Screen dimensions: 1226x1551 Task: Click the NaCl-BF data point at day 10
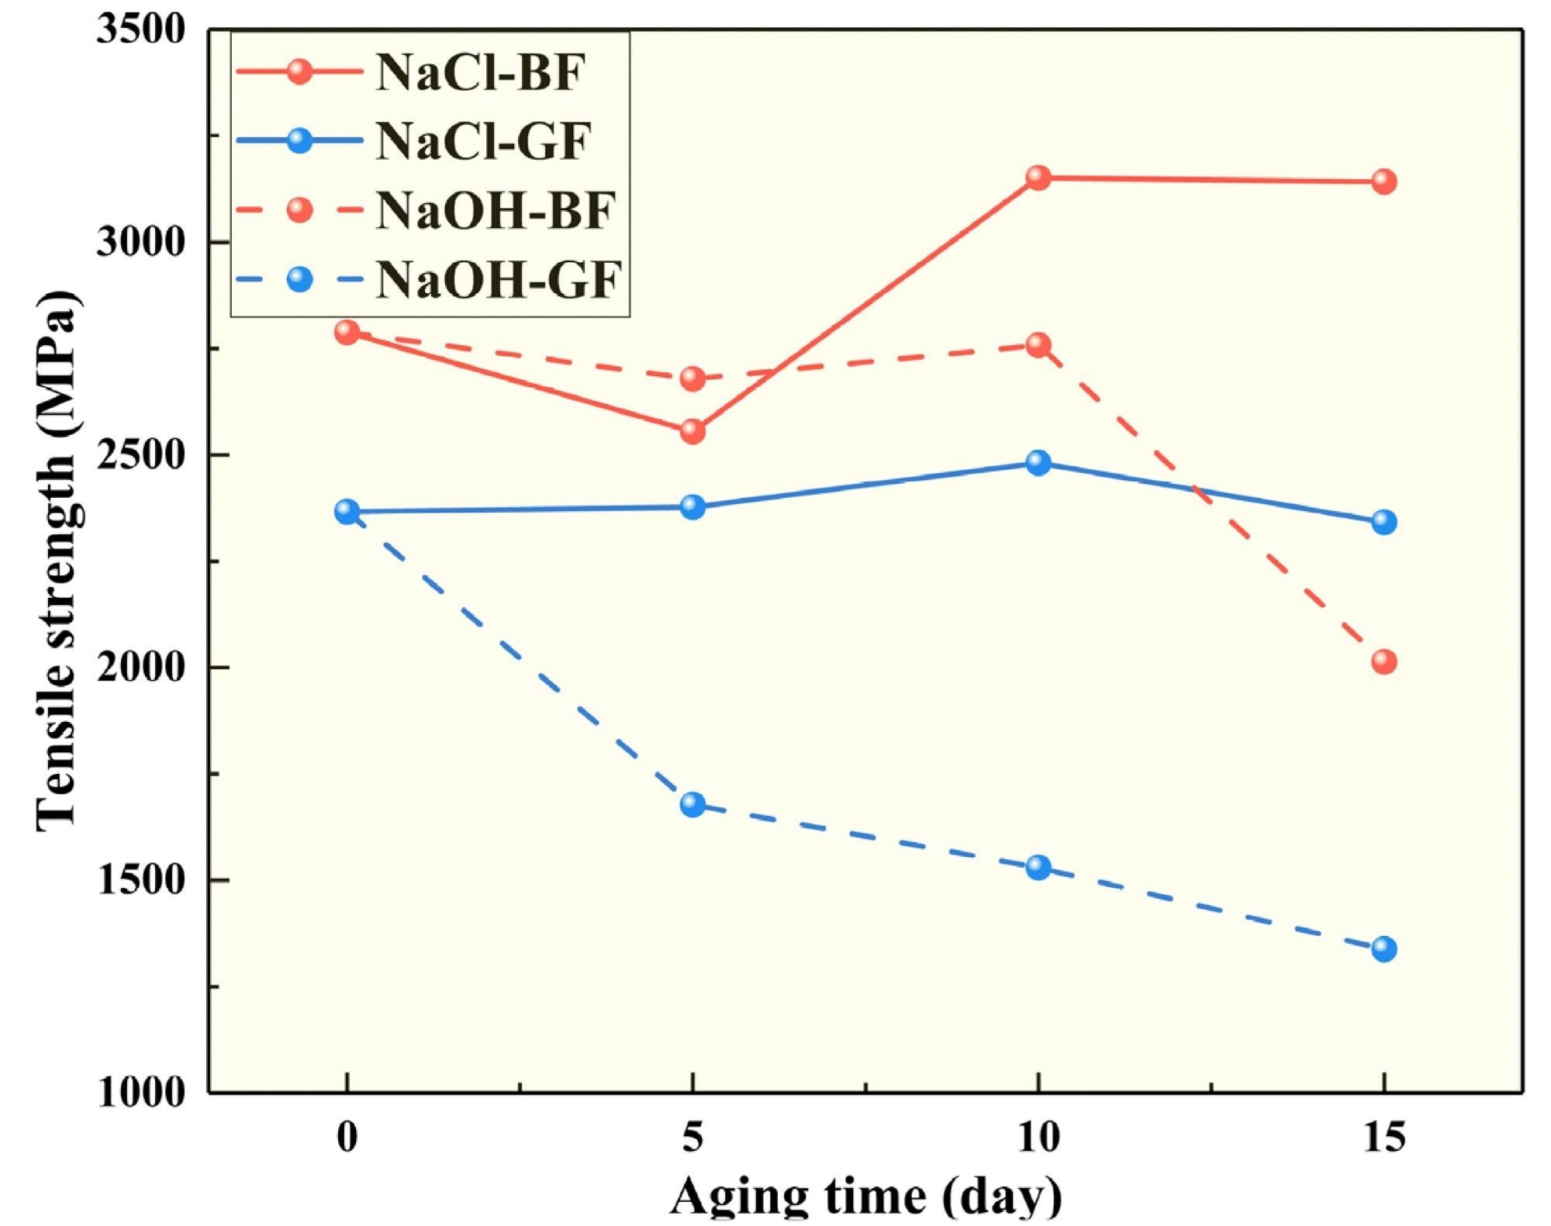tap(1038, 178)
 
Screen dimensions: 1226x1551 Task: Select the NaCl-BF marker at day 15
tap(1383, 182)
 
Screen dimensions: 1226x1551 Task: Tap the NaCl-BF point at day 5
tap(693, 431)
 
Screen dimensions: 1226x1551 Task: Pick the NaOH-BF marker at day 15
tap(1383, 661)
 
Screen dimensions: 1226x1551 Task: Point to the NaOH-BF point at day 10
tap(1038, 345)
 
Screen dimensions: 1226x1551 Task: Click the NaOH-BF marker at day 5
tap(693, 378)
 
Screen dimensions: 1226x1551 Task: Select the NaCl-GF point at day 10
tap(1038, 463)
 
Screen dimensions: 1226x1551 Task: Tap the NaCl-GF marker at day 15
tap(1383, 522)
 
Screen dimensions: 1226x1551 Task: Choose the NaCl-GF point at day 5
tap(693, 507)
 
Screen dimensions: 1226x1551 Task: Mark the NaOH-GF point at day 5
tap(693, 804)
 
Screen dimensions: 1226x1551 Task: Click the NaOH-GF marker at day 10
tap(1038, 867)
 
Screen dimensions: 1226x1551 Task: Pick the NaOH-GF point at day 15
tap(1383, 948)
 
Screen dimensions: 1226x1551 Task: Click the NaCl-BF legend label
tap(479, 73)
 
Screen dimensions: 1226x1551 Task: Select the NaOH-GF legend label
tap(499, 279)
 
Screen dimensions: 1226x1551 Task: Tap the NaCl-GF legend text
tap(483, 141)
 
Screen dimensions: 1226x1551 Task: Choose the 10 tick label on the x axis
tap(1038, 1138)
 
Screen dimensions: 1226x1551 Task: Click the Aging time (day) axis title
tap(865, 1197)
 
